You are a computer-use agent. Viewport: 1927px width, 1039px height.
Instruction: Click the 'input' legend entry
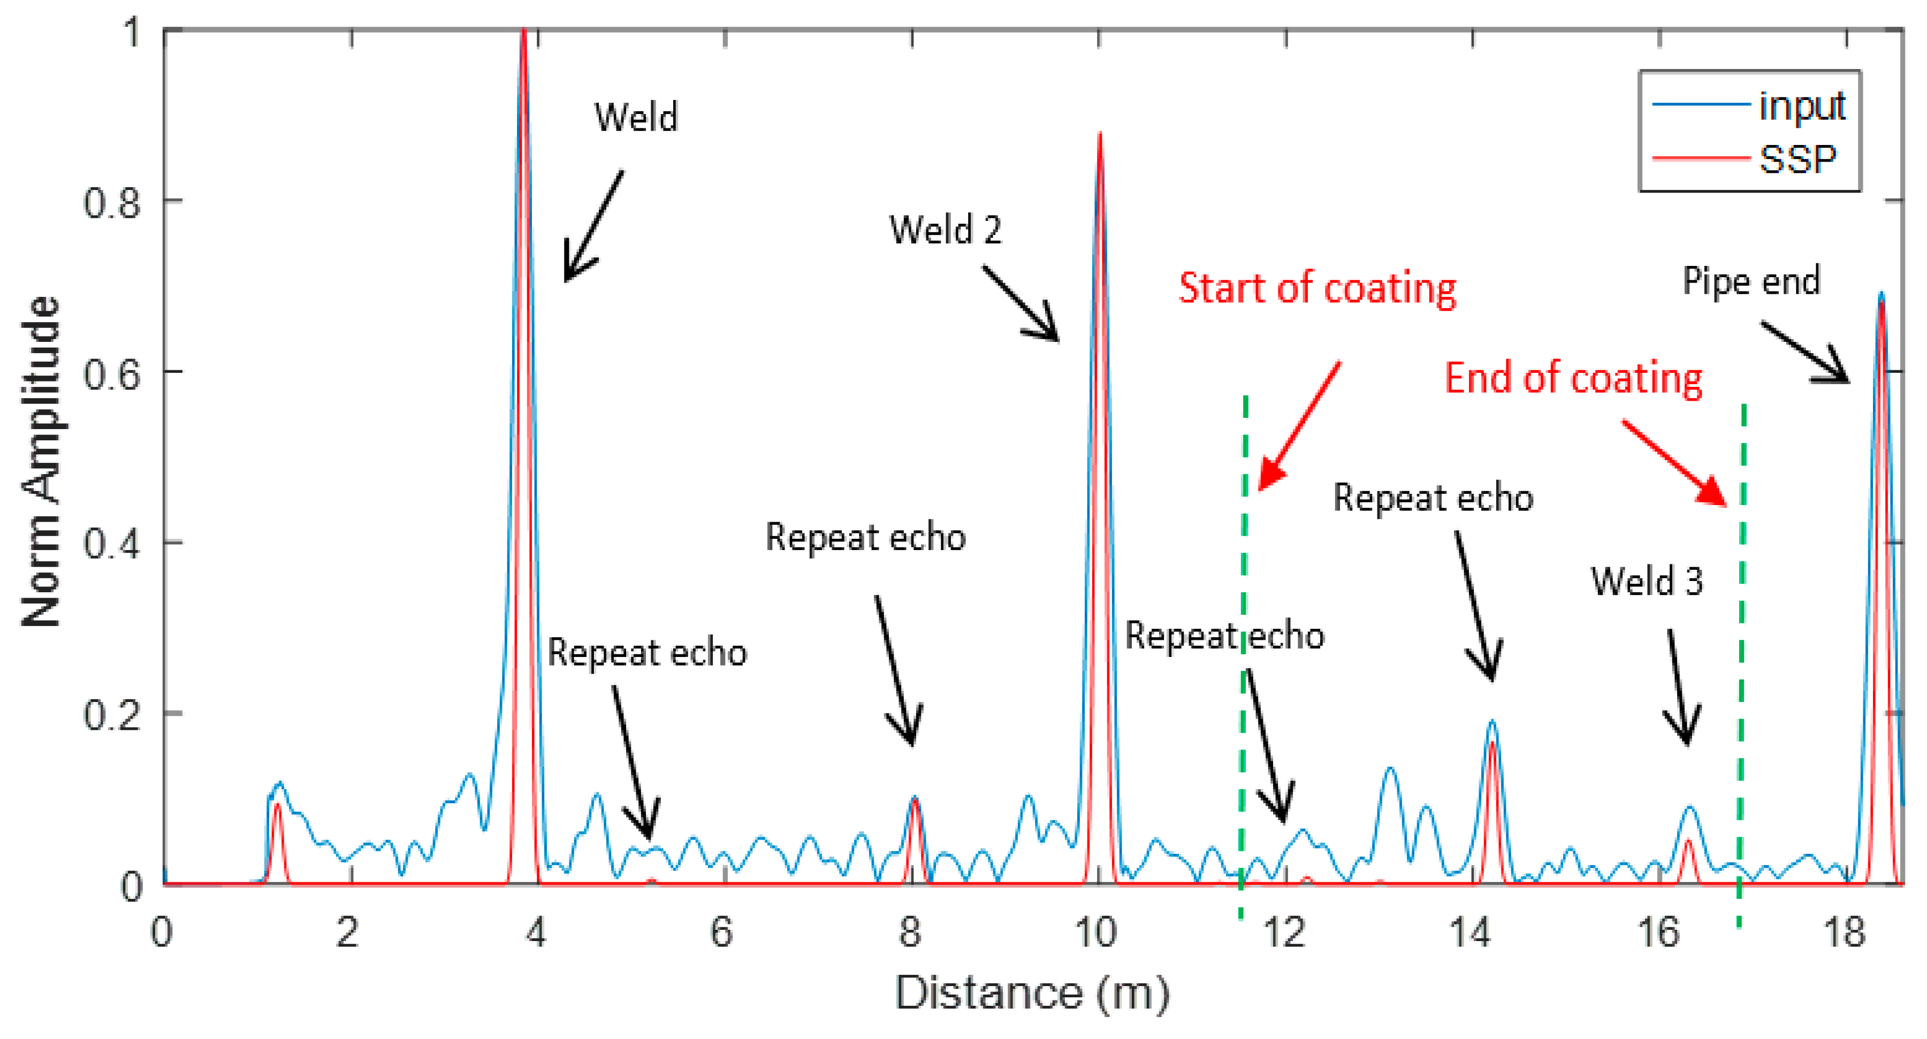tap(1801, 105)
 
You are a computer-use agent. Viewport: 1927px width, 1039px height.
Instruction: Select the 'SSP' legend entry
tap(1797, 158)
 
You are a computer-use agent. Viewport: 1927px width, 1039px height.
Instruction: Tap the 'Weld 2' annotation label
tap(945, 229)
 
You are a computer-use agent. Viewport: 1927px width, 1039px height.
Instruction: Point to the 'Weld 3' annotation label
tap(1647, 581)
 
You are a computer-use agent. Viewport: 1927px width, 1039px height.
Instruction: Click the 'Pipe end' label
tap(1750, 281)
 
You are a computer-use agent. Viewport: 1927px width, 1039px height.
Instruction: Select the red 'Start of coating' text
tap(1317, 288)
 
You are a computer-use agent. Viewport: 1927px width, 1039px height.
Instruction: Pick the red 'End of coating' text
tap(1573, 378)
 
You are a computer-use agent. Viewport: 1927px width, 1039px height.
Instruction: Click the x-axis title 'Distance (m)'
tap(1032, 994)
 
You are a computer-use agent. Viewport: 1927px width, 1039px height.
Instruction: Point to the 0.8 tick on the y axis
tap(112, 202)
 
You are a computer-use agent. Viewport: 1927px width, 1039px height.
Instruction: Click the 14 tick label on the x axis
tap(1471, 933)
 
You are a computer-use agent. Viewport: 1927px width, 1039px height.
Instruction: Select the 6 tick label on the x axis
tap(722, 933)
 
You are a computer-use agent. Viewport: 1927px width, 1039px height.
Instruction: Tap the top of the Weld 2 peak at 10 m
tap(1099, 135)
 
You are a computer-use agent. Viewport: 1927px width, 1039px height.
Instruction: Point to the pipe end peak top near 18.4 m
tap(1880, 294)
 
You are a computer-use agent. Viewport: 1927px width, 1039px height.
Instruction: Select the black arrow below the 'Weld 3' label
tap(1679, 688)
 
